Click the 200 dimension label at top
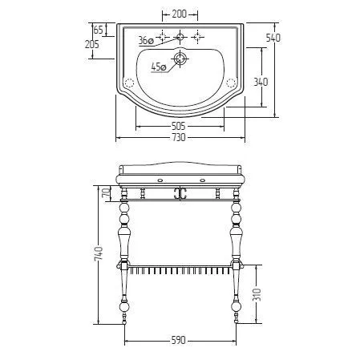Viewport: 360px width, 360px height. pos(180,14)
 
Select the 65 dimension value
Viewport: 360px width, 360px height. pos(98,30)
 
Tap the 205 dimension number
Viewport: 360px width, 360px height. pos(92,44)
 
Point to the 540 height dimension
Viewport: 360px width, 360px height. pos(273,38)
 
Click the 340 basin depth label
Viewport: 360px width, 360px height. pos(261,82)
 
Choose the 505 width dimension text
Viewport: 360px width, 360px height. pos(178,126)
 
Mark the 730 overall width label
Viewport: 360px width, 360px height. pos(178,137)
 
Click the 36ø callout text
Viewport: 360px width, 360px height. pos(146,41)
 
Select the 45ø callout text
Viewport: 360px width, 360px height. pos(159,67)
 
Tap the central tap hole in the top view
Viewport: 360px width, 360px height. pos(180,37)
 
